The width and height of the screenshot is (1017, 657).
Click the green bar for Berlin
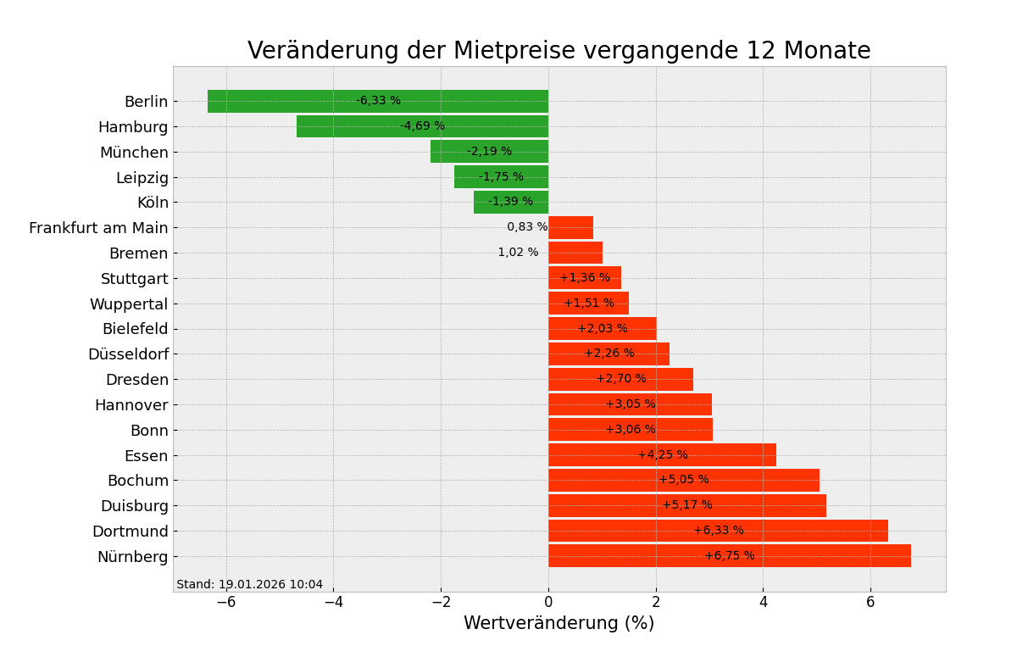280,101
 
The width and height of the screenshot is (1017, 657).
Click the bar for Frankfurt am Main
570,227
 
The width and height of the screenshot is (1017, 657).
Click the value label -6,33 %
378,101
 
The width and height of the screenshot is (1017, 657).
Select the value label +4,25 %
663,455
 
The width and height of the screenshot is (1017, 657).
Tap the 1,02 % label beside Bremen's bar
518,253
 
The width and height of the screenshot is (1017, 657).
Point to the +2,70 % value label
621,379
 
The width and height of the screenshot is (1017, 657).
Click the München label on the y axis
134,153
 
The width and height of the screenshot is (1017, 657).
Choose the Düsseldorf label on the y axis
128,354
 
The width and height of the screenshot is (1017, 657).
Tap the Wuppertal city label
129,303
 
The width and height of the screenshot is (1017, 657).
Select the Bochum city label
137,481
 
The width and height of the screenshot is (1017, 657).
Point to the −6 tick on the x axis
226,602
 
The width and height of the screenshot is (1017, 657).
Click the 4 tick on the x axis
763,602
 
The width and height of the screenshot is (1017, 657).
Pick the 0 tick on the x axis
548,602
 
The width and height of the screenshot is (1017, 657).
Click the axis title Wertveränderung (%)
559,624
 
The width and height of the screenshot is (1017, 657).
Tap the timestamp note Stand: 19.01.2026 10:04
250,585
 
